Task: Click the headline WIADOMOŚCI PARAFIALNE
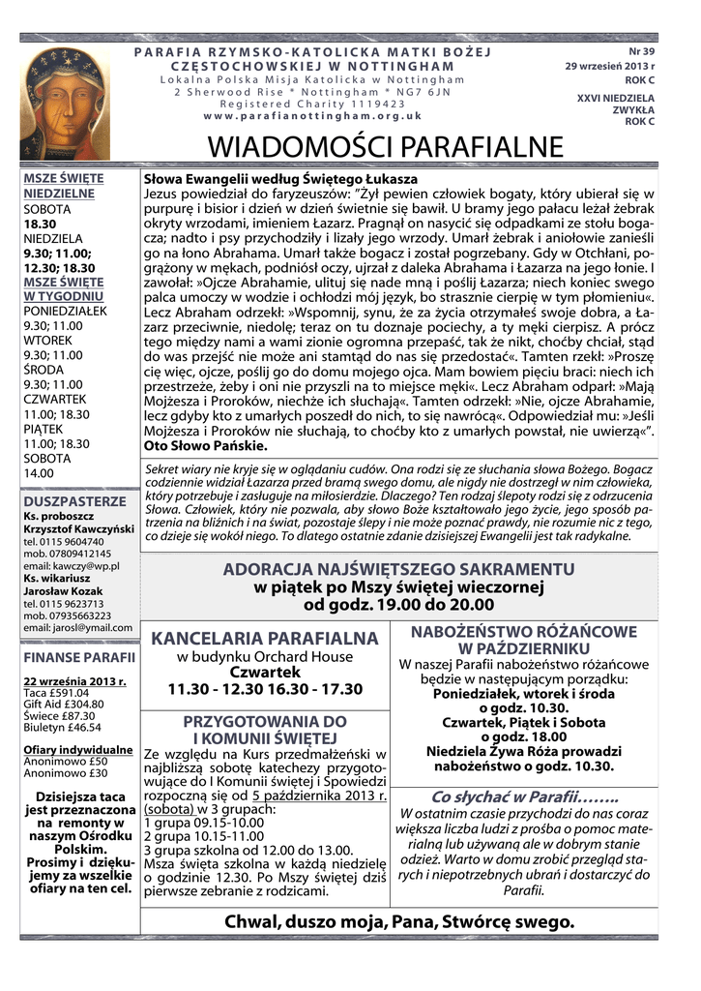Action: click(386, 148)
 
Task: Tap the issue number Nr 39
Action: click(641, 50)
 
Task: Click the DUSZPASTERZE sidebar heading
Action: click(74, 501)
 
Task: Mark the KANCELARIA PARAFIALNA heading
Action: click(264, 639)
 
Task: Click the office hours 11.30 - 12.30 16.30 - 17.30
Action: click(264, 689)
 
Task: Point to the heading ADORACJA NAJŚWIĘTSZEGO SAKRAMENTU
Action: click(398, 568)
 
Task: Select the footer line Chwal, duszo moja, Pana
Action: click(399, 920)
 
